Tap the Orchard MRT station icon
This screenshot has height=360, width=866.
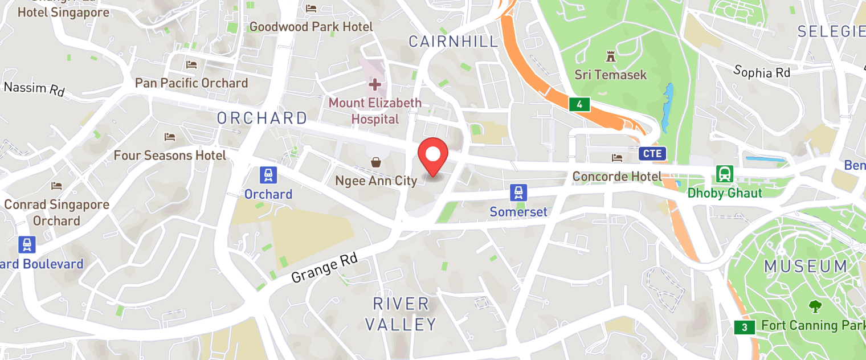pyautogui.click(x=268, y=175)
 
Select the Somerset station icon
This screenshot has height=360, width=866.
pyautogui.click(x=518, y=193)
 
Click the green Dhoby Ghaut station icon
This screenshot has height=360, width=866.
pyautogui.click(x=725, y=174)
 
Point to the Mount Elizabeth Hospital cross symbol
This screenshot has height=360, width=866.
pyautogui.click(x=375, y=85)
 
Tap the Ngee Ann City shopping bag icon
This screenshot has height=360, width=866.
pyautogui.click(x=376, y=163)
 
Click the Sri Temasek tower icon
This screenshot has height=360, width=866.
pyautogui.click(x=611, y=56)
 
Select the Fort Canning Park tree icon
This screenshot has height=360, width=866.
pyautogui.click(x=815, y=306)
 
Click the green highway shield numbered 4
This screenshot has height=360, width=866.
pyautogui.click(x=579, y=104)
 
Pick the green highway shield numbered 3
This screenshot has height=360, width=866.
pyautogui.click(x=744, y=328)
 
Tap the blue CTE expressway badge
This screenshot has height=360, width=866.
pyautogui.click(x=652, y=153)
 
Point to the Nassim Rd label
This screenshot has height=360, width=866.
pyautogui.click(x=34, y=88)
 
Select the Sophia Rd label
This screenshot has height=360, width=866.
pyautogui.click(x=762, y=72)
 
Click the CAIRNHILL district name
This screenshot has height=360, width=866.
pyautogui.click(x=454, y=41)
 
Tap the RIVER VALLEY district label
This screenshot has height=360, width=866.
pyautogui.click(x=401, y=314)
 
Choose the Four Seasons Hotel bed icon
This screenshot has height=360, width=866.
pyautogui.click(x=170, y=137)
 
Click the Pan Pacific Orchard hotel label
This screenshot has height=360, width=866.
pyautogui.click(x=191, y=83)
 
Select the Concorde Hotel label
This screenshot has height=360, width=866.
pyautogui.click(x=617, y=177)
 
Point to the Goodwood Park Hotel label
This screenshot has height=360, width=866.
pyautogui.click(x=311, y=27)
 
